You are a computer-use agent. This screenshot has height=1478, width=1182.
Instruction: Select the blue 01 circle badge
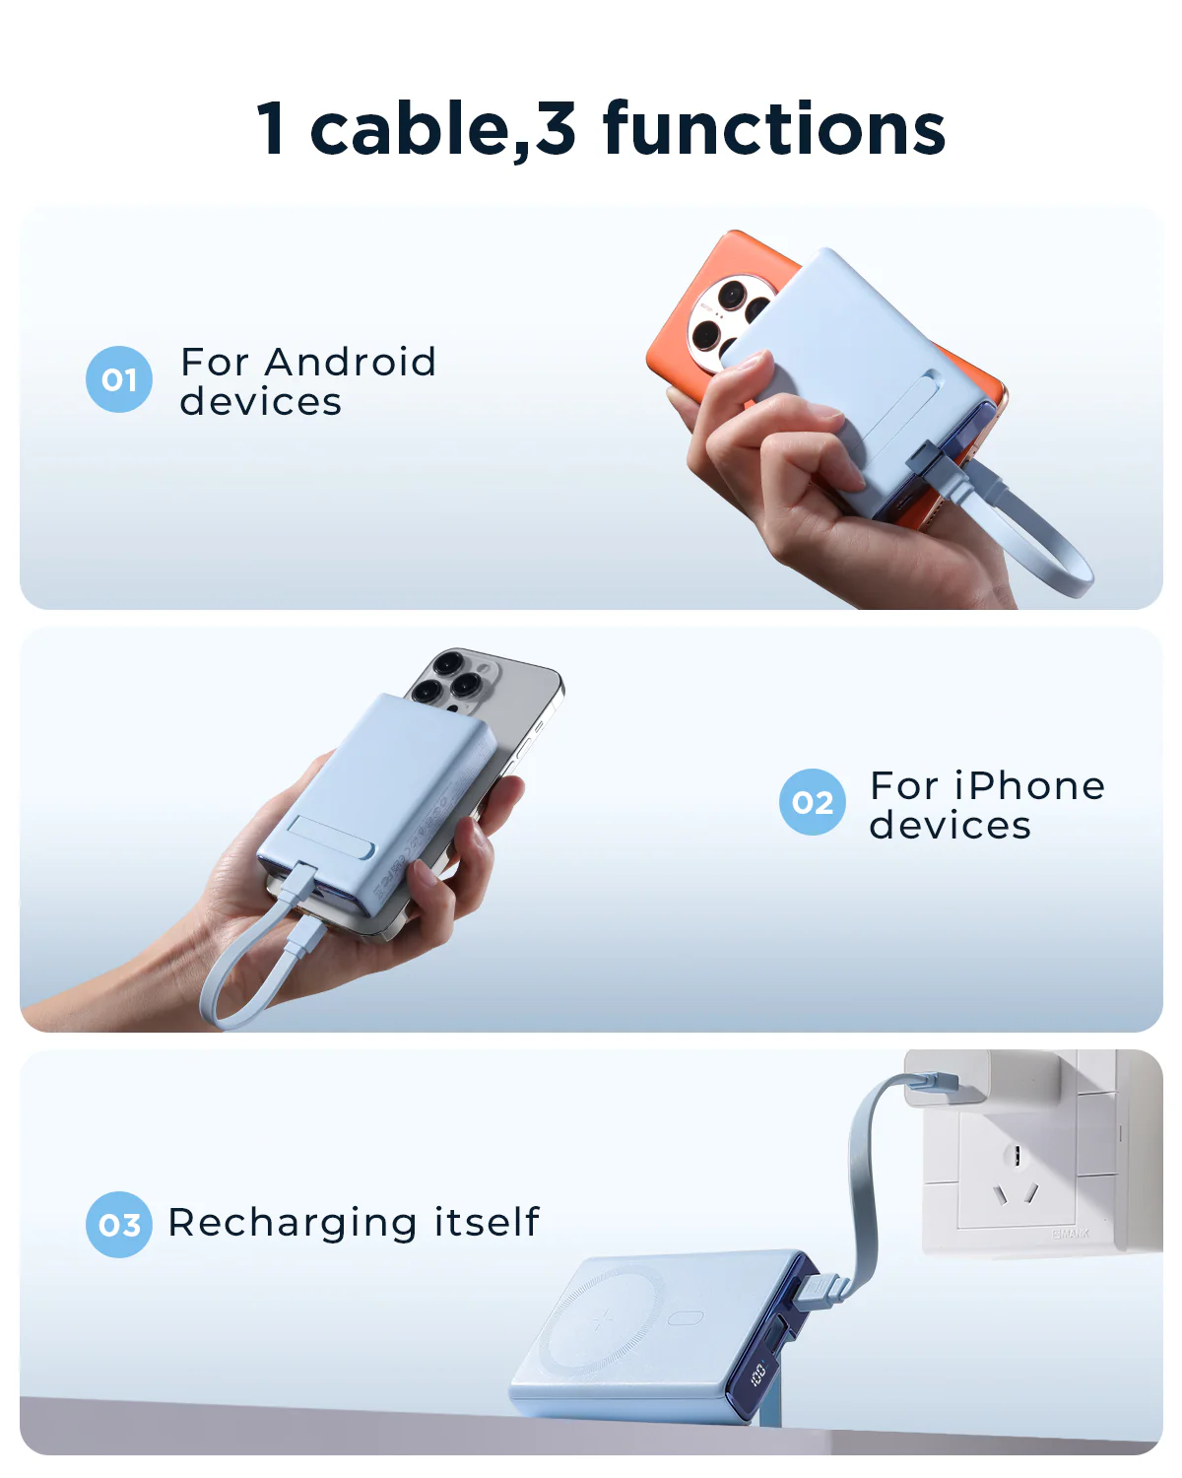click(119, 379)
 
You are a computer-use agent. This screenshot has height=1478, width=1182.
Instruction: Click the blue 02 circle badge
click(813, 802)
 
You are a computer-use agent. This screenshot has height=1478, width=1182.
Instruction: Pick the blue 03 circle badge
click(119, 1225)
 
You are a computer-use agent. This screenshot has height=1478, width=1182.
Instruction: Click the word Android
click(351, 362)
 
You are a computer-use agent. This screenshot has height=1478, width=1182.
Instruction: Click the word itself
click(487, 1222)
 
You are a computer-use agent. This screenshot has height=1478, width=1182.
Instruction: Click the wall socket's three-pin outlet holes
click(1016, 1177)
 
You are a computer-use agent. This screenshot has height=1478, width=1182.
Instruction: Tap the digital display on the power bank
click(757, 1373)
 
